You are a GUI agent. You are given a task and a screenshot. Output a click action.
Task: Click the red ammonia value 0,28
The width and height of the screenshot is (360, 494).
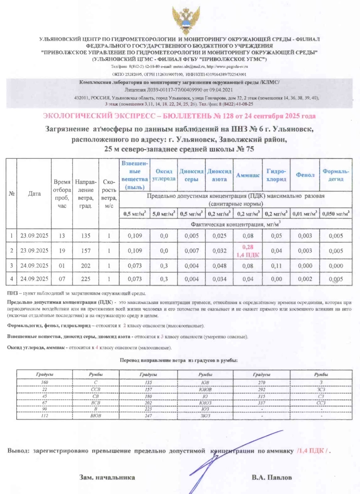248,247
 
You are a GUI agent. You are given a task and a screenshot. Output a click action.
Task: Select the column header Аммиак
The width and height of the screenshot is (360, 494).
248,175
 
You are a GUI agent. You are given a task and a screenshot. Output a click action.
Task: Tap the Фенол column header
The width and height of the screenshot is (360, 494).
305,175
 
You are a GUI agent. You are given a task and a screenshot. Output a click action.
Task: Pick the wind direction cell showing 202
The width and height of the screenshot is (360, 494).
86,266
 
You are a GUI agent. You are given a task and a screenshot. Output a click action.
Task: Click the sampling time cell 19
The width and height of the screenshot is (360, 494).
62,251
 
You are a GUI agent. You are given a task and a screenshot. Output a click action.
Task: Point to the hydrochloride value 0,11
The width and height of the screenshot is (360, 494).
276,266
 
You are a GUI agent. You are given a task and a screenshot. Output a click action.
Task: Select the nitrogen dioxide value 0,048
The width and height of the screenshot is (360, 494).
219,266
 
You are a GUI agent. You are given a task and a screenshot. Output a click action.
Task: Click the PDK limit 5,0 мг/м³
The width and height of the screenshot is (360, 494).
164,214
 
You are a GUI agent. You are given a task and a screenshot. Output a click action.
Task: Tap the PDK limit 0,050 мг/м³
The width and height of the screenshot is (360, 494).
336,214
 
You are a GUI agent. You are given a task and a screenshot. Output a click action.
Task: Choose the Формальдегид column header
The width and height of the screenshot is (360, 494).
336,175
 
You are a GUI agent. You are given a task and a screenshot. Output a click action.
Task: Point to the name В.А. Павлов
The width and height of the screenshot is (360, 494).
272,477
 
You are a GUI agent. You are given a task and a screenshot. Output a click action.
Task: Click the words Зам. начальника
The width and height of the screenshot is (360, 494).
107,477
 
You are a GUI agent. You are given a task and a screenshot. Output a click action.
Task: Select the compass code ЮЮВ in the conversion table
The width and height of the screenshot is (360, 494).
205,389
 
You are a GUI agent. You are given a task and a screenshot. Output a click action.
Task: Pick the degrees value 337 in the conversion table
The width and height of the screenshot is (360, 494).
262,403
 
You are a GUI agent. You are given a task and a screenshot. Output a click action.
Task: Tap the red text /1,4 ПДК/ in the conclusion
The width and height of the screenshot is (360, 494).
313,451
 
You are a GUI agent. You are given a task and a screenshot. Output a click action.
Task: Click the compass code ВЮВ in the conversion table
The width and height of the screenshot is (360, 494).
96,416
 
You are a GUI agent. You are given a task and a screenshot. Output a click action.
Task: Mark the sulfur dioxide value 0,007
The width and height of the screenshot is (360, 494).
192,251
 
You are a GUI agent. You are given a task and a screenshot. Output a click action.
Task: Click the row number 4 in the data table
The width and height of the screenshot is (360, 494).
12,279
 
